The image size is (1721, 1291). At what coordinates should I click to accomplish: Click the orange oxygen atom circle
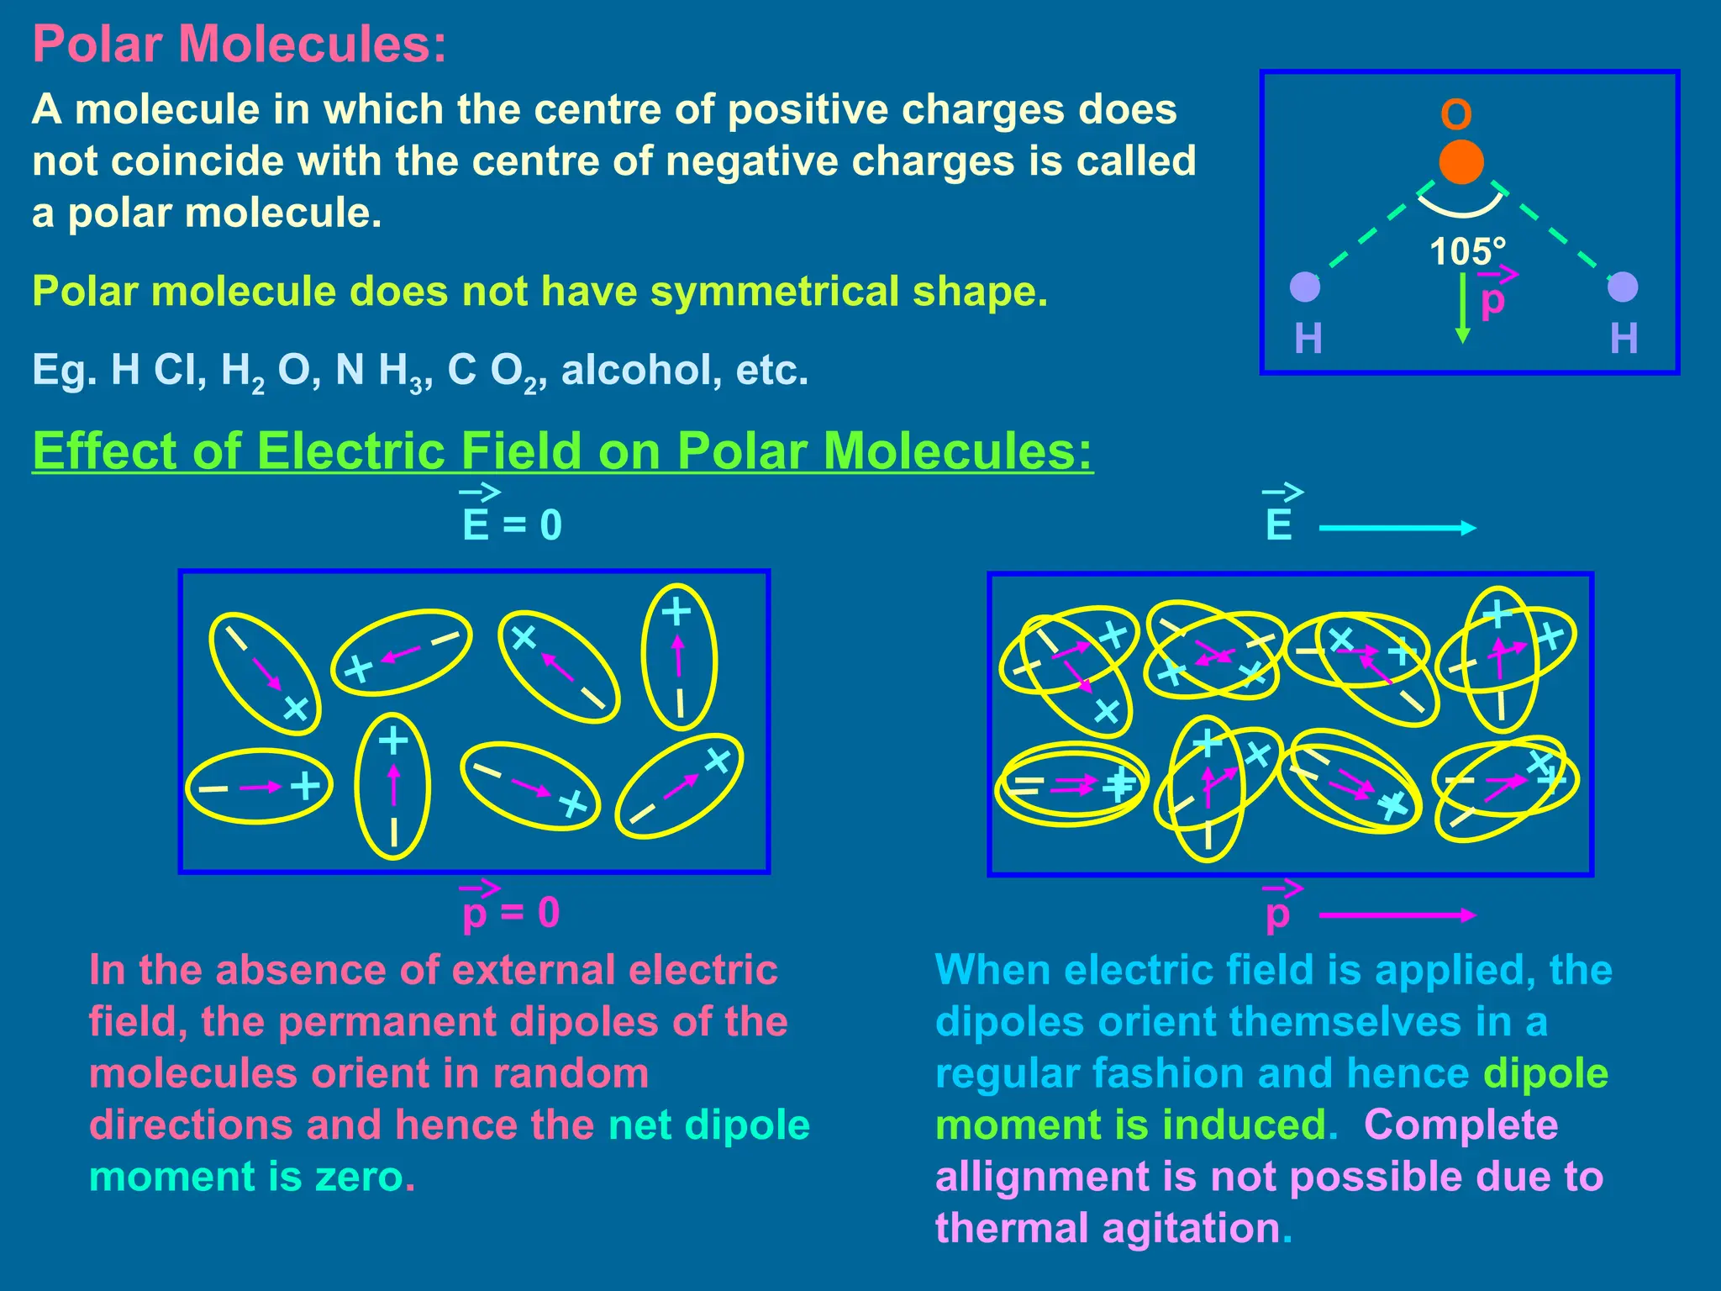coord(1460,162)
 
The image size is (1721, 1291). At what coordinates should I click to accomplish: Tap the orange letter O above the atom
coord(1456,114)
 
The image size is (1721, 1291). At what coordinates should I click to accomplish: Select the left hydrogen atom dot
coord(1305,287)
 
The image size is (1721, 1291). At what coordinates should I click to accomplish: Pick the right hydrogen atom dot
coord(1622,287)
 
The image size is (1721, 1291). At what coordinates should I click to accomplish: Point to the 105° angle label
coord(1467,251)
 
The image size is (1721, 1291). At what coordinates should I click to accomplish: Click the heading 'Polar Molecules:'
coord(239,44)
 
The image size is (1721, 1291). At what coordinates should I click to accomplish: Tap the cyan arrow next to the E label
coord(1397,528)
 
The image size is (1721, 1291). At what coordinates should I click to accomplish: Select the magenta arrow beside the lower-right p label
coord(1397,915)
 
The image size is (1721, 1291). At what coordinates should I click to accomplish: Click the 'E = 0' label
coord(512,524)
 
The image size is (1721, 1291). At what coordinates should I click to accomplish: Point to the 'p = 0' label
coord(511,912)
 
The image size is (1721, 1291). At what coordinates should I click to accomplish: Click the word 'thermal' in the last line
coord(1012,1228)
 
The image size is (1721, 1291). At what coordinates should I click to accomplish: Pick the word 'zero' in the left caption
coord(359,1177)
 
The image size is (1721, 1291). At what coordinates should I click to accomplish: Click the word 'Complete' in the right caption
coord(1460,1125)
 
